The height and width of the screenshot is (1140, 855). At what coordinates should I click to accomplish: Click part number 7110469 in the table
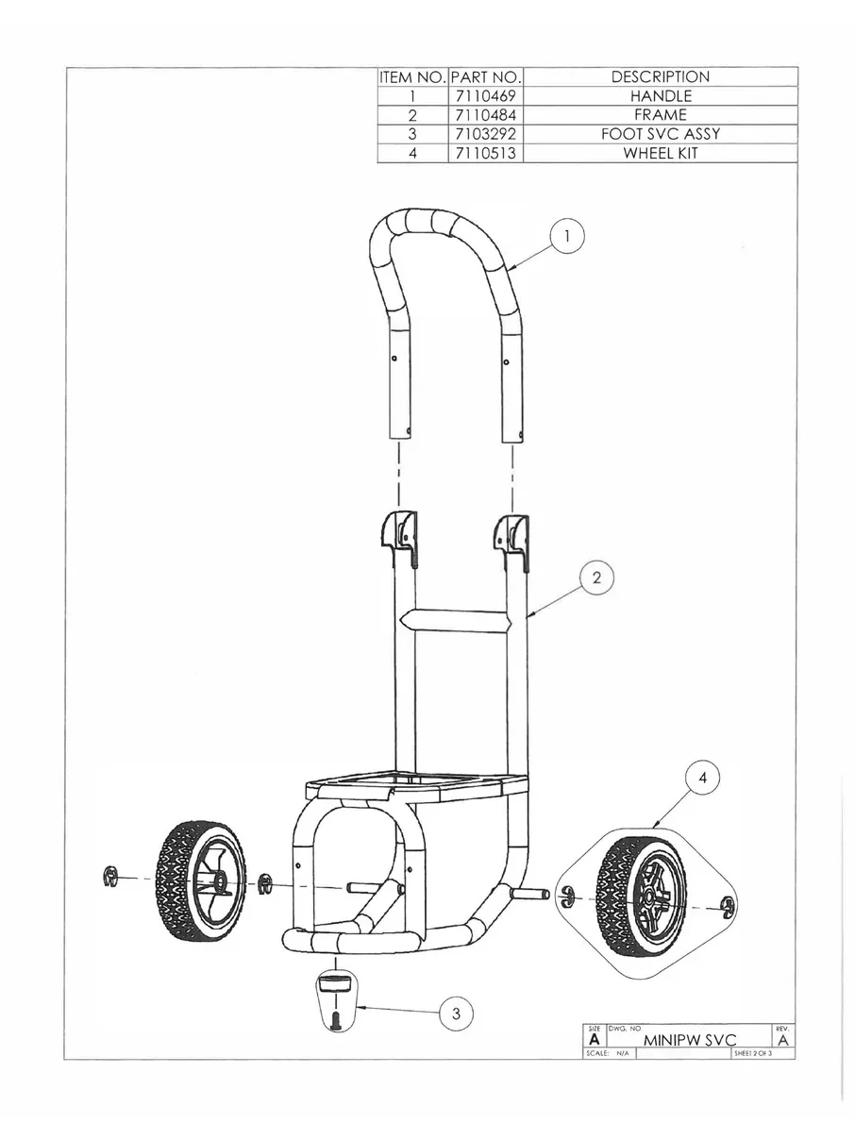tap(485, 96)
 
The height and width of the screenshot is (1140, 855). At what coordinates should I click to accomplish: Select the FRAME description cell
tap(660, 115)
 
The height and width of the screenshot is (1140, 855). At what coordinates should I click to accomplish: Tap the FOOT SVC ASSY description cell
tap(660, 134)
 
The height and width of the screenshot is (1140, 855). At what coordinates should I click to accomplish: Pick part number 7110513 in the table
tap(485, 153)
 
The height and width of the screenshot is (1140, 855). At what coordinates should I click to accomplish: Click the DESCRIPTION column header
tap(660, 77)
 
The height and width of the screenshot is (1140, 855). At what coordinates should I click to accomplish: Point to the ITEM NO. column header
tap(412, 77)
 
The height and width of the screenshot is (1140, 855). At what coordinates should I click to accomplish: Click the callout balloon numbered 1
tap(566, 238)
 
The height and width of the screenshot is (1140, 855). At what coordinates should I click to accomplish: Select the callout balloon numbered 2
tap(596, 578)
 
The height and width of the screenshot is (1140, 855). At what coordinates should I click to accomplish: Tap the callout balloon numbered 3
tap(456, 1014)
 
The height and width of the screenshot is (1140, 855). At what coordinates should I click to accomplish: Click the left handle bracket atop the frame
tap(400, 532)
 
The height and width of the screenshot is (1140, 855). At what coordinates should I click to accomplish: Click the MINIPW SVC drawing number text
tap(689, 1039)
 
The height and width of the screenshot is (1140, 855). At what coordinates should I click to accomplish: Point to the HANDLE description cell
tap(660, 96)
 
